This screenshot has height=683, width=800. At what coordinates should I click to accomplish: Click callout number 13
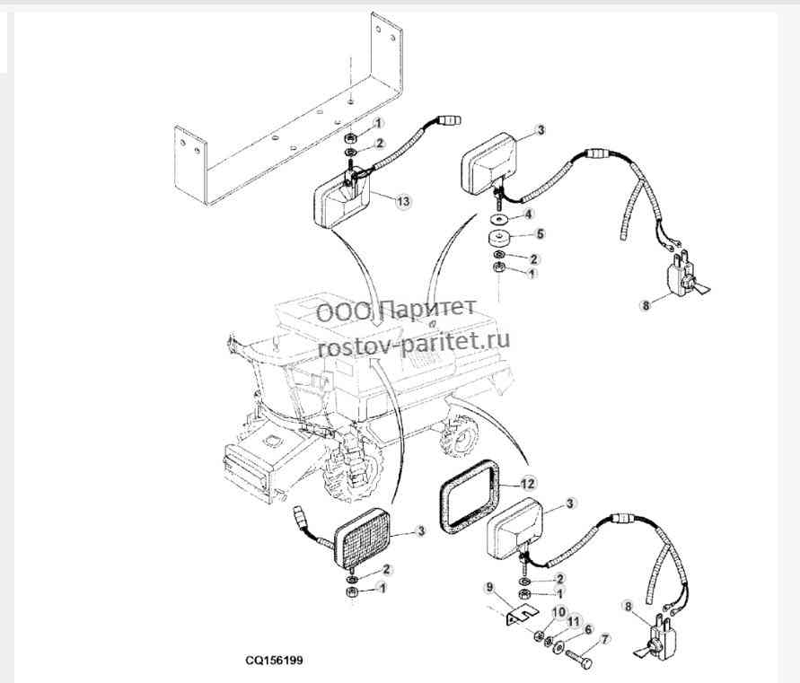(403, 201)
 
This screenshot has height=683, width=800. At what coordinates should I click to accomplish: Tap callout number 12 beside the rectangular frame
(528, 483)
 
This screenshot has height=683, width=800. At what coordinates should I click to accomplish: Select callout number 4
(528, 215)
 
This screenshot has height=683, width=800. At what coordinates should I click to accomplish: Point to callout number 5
(541, 234)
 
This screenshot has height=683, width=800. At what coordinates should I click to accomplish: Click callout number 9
(490, 588)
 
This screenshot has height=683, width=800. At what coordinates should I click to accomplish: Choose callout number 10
(558, 611)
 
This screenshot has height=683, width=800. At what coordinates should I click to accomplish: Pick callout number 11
(575, 621)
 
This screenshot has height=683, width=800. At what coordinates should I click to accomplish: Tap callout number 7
(606, 639)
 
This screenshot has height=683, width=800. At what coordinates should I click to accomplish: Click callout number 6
(588, 630)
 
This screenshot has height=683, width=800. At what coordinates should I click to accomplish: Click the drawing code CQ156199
(274, 660)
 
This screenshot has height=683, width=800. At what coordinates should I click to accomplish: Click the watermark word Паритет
(429, 309)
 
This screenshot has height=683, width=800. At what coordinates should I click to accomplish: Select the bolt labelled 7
(580, 659)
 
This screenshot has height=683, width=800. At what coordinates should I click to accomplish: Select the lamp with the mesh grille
(362, 537)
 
